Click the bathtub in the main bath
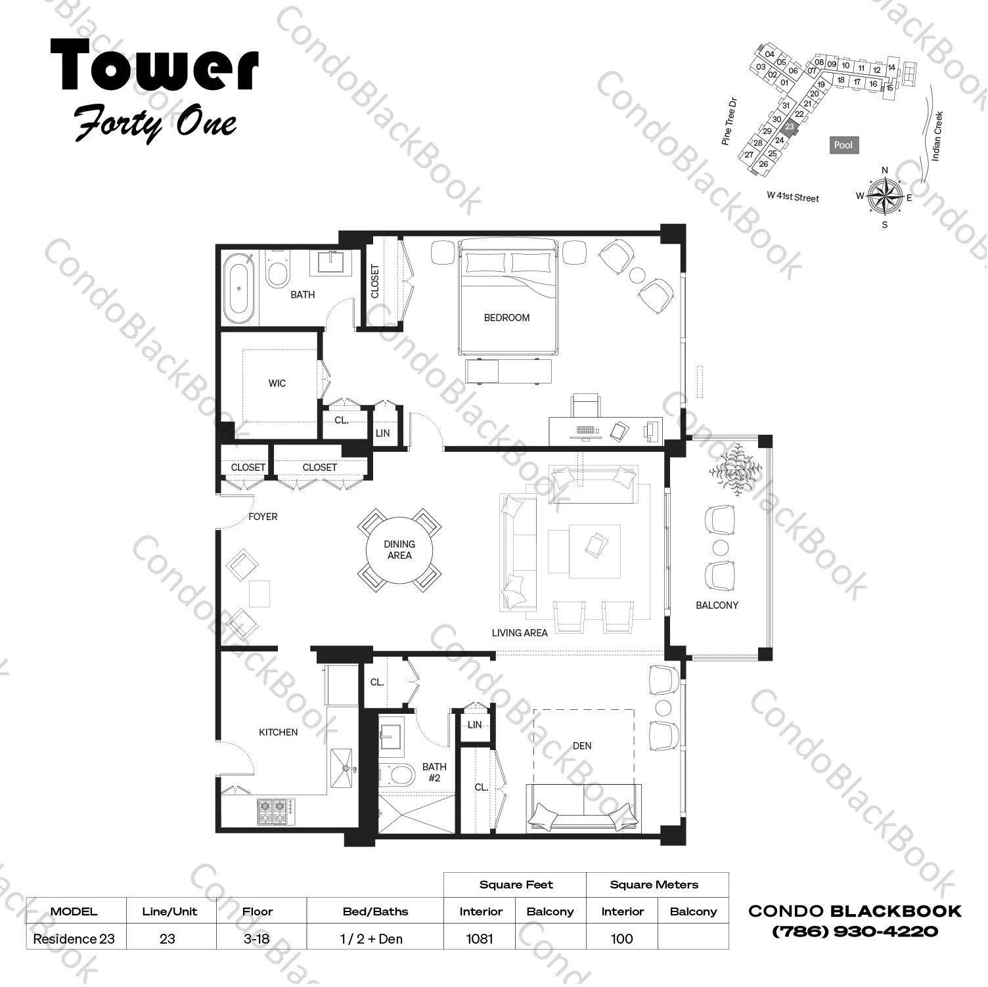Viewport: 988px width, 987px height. (x=238, y=288)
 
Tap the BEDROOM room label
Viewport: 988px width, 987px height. (x=506, y=318)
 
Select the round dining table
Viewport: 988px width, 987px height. (x=399, y=550)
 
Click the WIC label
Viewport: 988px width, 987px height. (x=277, y=384)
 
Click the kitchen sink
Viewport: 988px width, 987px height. (x=342, y=767)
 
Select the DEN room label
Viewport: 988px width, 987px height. (x=582, y=746)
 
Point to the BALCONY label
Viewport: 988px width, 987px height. (x=717, y=605)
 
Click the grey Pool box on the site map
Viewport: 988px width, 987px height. (x=843, y=145)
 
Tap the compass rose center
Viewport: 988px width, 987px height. (x=884, y=196)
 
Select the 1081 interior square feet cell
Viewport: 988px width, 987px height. (x=480, y=939)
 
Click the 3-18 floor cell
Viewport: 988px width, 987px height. (x=256, y=939)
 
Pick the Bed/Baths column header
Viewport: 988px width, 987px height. (x=375, y=911)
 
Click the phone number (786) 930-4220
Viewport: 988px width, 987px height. (x=855, y=932)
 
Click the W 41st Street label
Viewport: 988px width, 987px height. (x=793, y=196)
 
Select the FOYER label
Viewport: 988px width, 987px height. (x=263, y=517)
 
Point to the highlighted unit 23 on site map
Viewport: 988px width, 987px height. (x=790, y=127)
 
